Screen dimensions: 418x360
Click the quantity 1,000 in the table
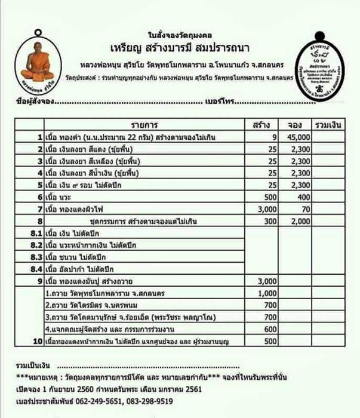(267, 294)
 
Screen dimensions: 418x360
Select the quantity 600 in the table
(270, 329)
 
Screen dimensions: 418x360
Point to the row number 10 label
(36, 341)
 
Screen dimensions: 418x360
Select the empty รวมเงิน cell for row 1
(328, 137)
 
